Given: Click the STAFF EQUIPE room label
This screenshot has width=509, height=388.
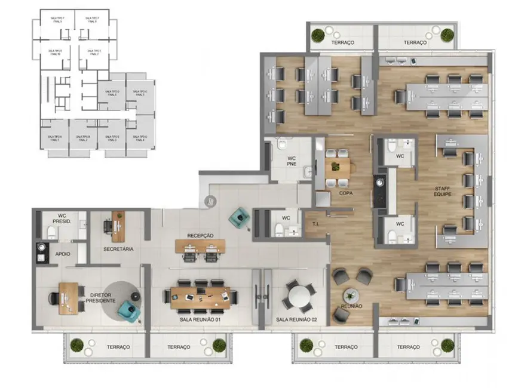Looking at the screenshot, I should click(x=443, y=191).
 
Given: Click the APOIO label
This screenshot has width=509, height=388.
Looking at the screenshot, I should click(x=63, y=254).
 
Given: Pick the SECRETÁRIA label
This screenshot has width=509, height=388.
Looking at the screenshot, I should click(x=118, y=248).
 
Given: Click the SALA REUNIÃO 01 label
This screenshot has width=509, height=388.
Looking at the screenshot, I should click(x=200, y=320).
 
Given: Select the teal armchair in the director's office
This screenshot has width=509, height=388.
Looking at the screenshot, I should click(x=127, y=308).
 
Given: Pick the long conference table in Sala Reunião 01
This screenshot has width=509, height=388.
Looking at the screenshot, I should click(x=200, y=297).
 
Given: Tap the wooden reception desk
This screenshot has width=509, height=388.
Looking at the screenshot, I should click(x=200, y=245).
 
